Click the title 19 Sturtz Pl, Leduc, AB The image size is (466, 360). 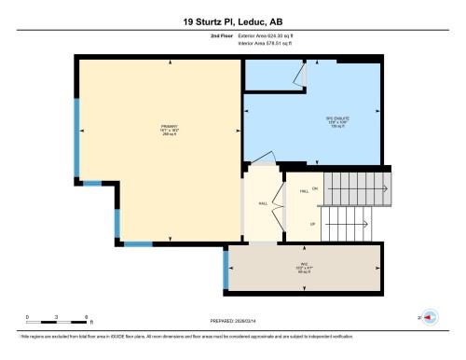point(232,19)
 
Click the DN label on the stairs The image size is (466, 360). point(315,188)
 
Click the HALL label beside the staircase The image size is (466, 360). point(304,190)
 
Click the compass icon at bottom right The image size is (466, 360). point(429,317)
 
